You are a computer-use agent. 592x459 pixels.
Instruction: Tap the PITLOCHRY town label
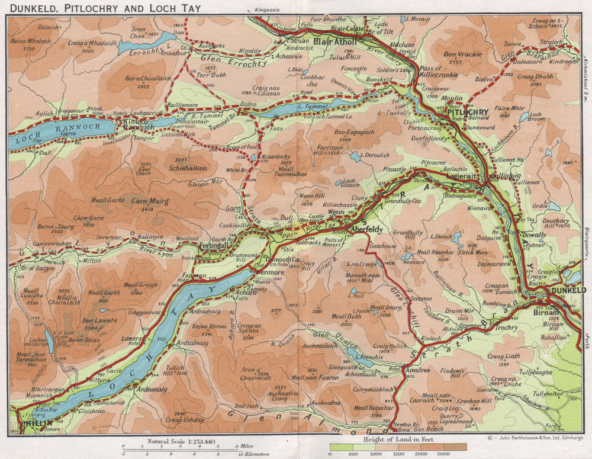tap(468, 112)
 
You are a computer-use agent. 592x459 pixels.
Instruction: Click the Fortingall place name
tap(217, 245)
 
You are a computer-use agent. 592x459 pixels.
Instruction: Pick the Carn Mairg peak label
tap(150, 201)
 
